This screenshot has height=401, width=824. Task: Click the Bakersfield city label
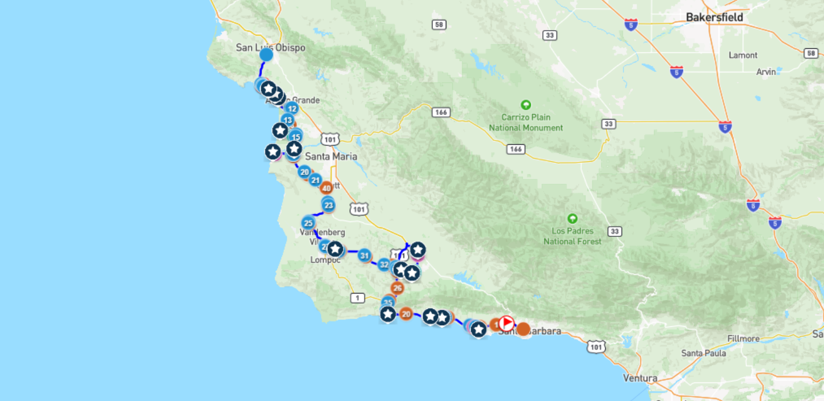coord(714,18)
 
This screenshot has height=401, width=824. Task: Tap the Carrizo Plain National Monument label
coord(526,122)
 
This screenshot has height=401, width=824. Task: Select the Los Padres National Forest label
coord(572,236)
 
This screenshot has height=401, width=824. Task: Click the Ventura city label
coord(640,378)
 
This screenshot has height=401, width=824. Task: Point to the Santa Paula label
coord(703,353)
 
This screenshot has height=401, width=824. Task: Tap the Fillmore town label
coord(743,338)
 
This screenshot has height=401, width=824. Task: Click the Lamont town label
coord(743,55)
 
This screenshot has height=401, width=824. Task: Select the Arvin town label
coord(766,72)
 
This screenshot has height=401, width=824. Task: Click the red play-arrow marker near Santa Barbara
coord(507,323)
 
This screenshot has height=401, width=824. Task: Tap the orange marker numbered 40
coord(327,188)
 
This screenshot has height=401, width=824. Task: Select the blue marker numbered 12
coord(292,109)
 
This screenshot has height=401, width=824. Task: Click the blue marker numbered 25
coord(308,223)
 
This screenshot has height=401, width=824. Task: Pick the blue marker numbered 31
coord(365,255)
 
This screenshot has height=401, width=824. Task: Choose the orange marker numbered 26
coord(397,288)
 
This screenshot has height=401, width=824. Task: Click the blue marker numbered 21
coord(315,179)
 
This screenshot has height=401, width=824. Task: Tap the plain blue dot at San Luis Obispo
coord(266,55)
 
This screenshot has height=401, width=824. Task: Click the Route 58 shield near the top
coord(439,24)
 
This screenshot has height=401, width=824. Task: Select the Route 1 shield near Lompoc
coord(357,297)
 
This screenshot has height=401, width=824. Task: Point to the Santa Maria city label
coord(331,156)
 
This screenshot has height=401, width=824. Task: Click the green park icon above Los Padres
coord(572,218)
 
